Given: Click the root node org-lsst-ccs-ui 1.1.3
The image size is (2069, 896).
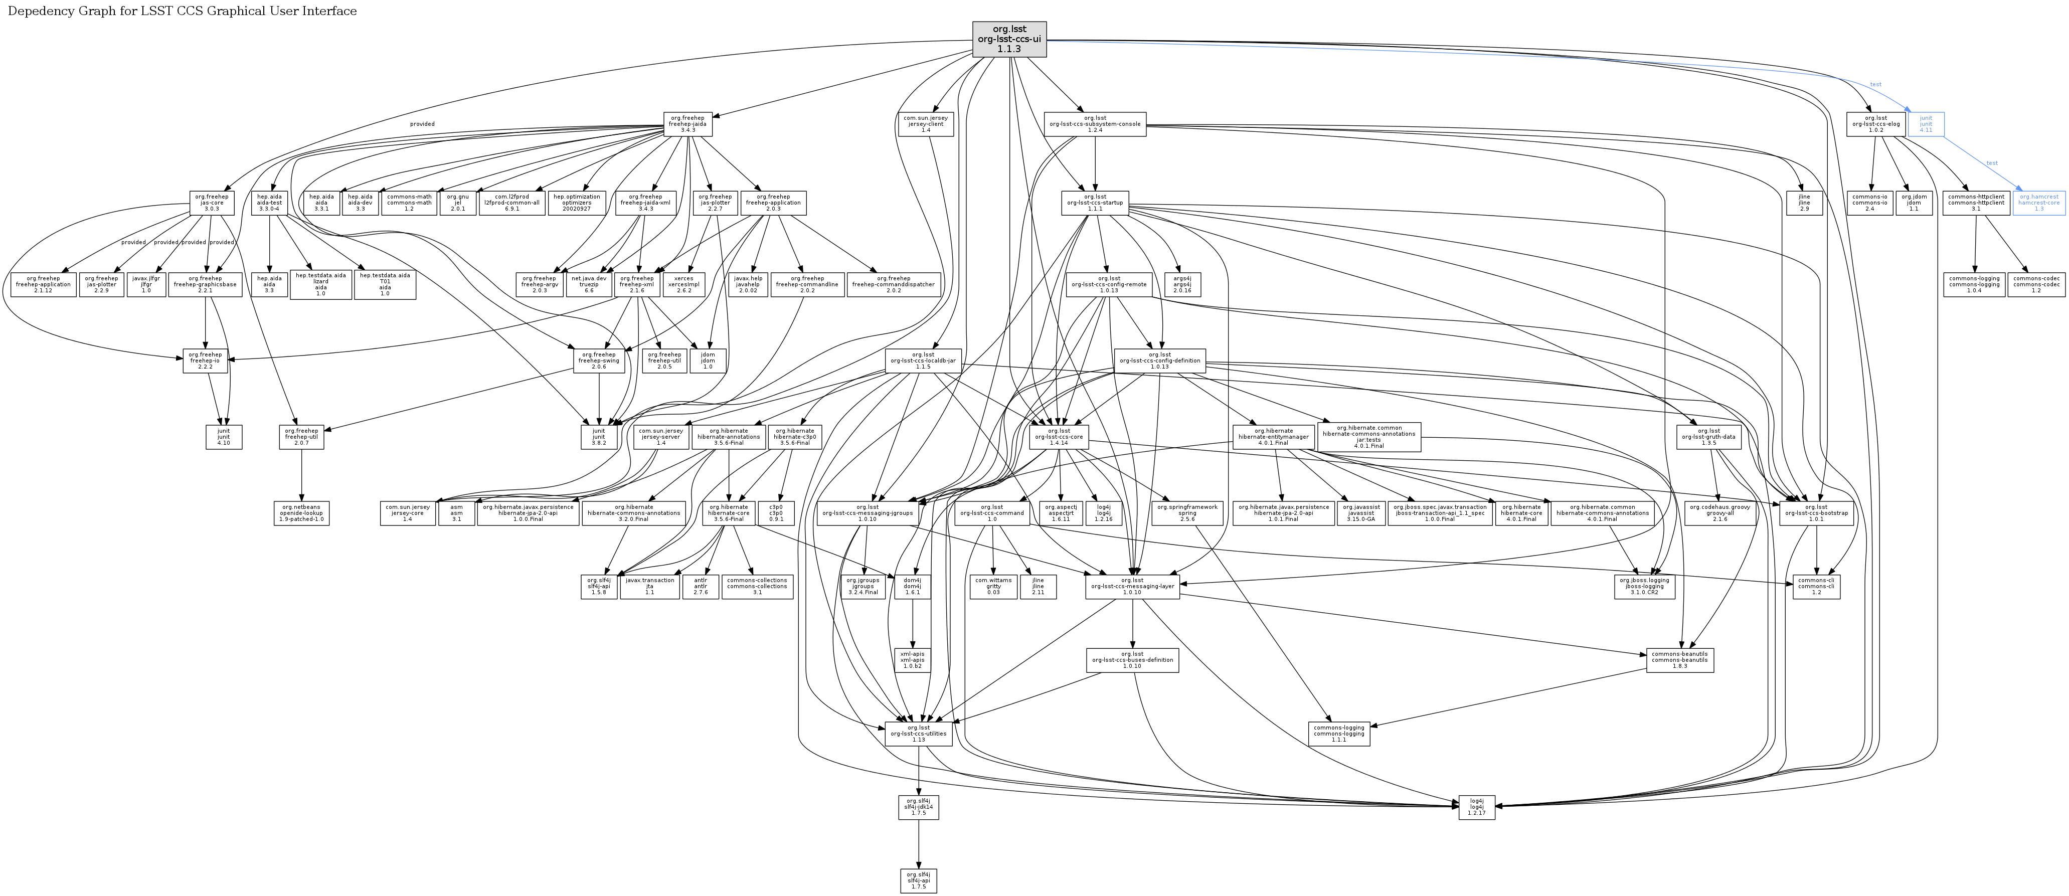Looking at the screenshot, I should [x=1009, y=39].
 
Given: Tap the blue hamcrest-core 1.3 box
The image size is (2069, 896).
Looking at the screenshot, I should [x=2038, y=203].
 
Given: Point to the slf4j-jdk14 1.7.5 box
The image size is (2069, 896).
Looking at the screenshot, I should [x=919, y=807].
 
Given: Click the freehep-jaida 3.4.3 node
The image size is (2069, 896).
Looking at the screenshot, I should [x=687, y=124].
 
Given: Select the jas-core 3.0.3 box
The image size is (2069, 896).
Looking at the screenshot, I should [x=211, y=203].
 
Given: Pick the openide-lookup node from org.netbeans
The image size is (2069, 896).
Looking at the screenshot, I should [x=301, y=513].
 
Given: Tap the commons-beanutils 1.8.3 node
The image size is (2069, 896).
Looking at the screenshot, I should [x=1679, y=660].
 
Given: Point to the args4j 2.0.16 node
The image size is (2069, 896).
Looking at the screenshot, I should [x=1181, y=284].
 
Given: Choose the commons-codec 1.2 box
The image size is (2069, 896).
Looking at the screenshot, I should [x=2035, y=284].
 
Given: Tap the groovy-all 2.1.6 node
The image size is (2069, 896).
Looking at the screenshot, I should [x=1719, y=513].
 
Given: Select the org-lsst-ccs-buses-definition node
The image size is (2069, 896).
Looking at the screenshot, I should [x=1132, y=660].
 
